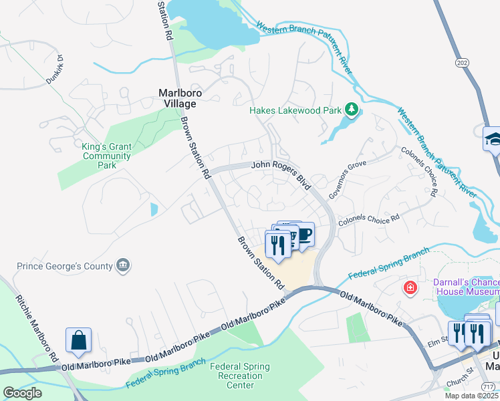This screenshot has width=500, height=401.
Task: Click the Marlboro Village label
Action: (177, 98)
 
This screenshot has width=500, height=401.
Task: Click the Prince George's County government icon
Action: (123, 266)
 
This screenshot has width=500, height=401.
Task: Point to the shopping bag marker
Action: (78, 340)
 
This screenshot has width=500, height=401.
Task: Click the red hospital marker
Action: (410, 288)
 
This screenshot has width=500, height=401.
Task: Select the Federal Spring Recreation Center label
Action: (240, 376)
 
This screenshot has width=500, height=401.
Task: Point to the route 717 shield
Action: (489, 386)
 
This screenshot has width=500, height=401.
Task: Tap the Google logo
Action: (22, 393)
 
